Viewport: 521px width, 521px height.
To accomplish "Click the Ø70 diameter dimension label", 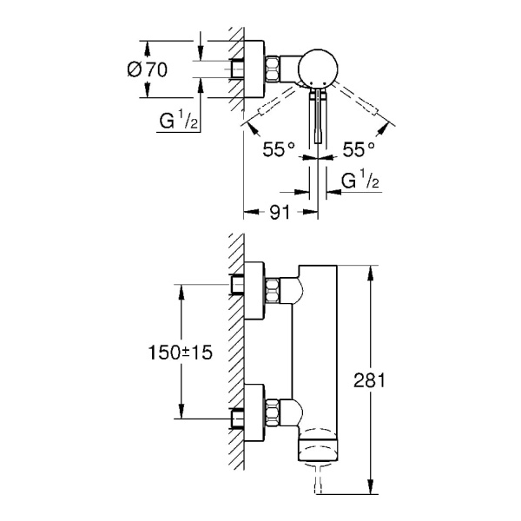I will pyautogui.click(x=147, y=69).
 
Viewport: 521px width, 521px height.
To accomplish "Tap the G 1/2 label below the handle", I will pyautogui.click(x=359, y=183).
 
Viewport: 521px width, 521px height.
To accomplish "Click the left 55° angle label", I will pyautogui.click(x=280, y=148).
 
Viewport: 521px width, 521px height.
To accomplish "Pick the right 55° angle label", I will pyautogui.click(x=359, y=148).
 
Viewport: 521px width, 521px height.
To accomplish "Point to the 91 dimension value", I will pyautogui.click(x=279, y=210).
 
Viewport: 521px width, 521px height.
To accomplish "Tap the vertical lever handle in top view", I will pyautogui.click(x=319, y=113).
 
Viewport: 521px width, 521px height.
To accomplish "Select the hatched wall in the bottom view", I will pyautogui.click(x=234, y=365).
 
